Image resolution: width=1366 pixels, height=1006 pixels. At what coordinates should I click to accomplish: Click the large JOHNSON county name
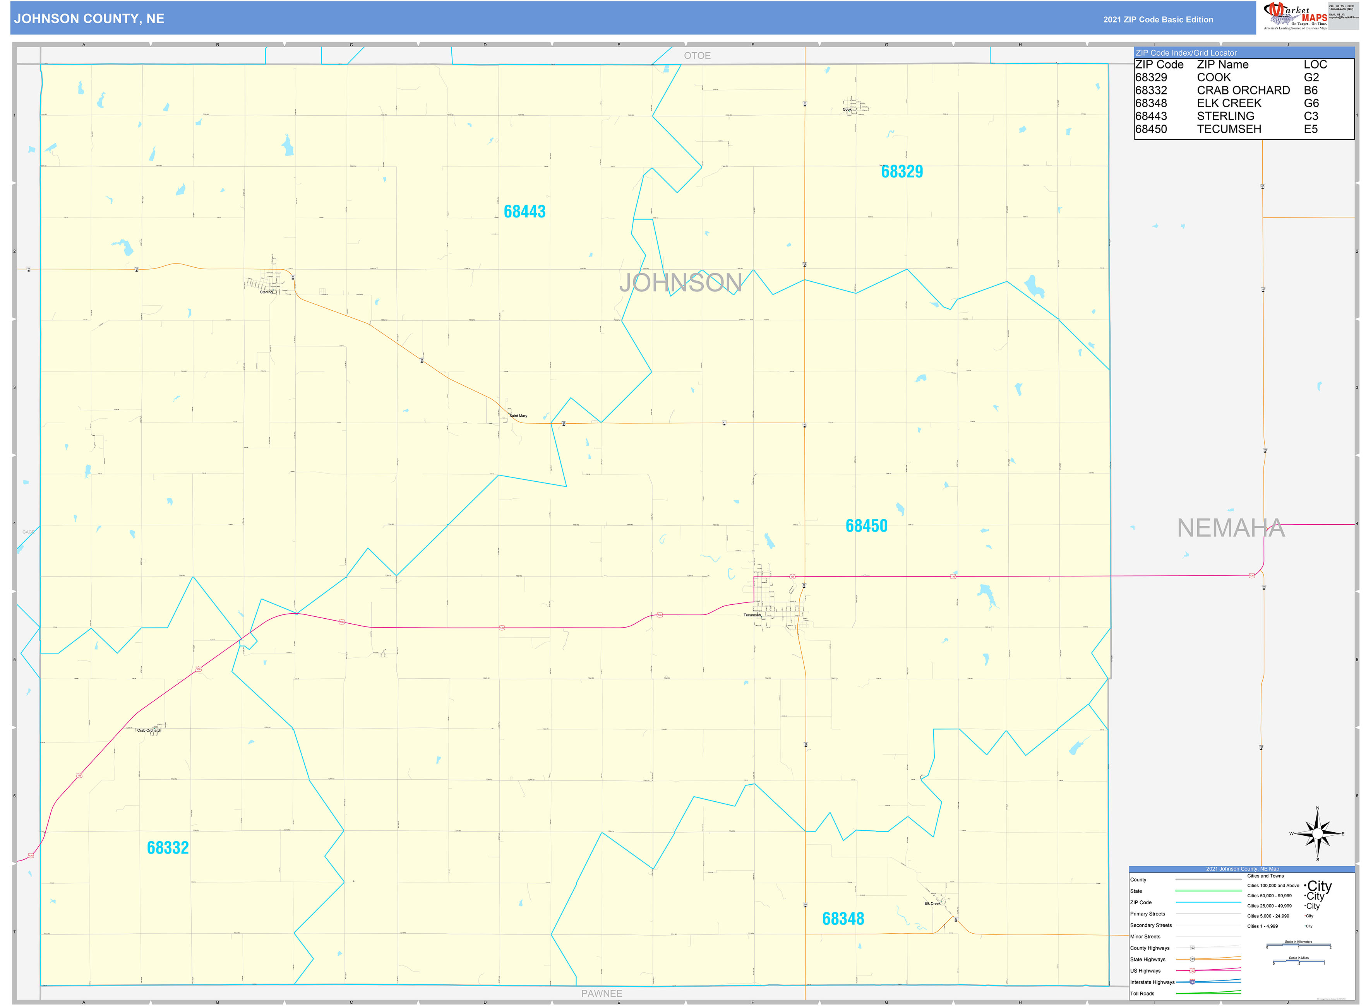[x=680, y=282]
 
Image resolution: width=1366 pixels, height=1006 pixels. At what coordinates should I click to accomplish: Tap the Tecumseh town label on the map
[x=752, y=615]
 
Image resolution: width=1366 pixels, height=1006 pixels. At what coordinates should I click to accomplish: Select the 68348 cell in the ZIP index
[x=1150, y=103]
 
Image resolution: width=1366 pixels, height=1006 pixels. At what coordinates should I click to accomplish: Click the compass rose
[x=1317, y=834]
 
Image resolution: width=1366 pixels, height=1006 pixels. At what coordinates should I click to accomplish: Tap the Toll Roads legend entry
[x=1142, y=993]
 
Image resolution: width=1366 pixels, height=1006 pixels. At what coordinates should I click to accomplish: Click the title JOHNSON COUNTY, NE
[x=89, y=19]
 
